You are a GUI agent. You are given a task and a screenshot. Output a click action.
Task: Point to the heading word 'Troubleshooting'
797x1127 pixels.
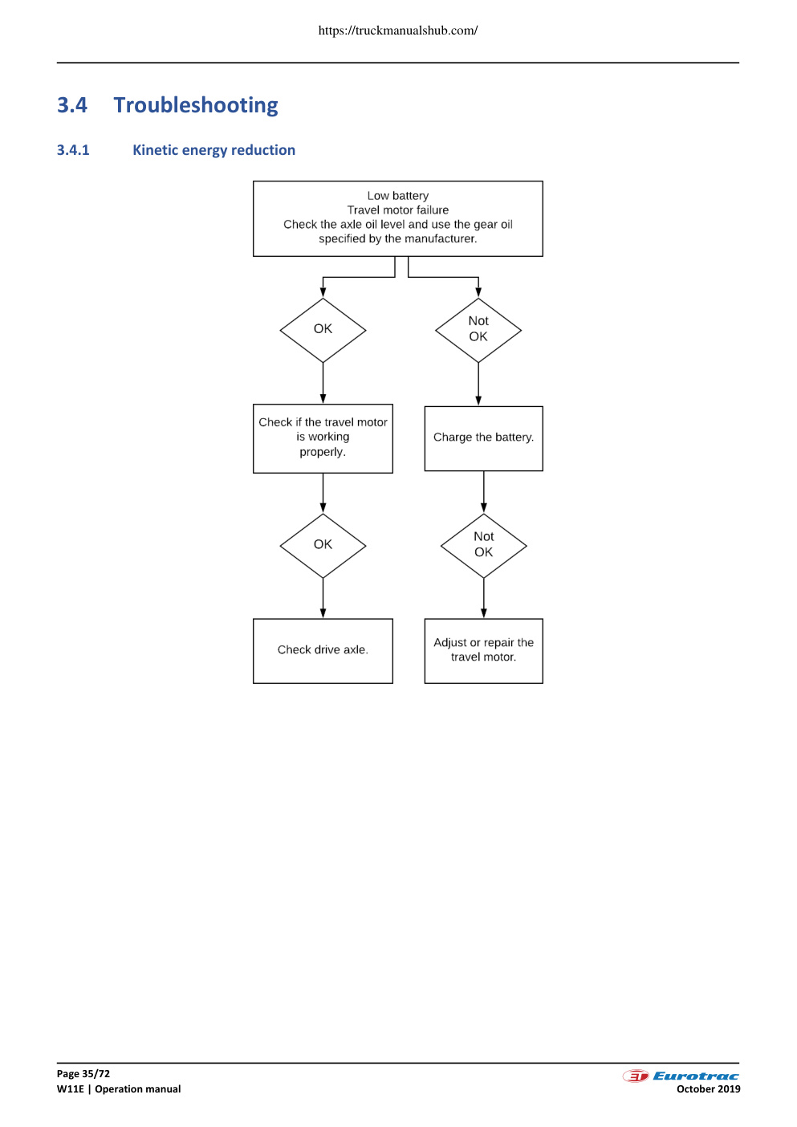click(196, 105)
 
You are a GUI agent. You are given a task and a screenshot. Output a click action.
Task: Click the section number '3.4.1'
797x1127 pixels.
click(73, 150)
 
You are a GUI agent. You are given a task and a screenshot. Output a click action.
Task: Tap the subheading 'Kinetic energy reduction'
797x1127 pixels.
click(213, 150)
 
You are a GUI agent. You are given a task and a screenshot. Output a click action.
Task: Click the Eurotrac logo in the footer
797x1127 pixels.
click(681, 1076)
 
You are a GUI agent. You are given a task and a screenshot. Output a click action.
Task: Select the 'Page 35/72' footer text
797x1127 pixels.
click(83, 1073)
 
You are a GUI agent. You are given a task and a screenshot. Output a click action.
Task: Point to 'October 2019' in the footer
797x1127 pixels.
click(708, 1088)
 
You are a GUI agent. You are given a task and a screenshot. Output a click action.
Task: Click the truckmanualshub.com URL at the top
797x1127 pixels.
click(398, 31)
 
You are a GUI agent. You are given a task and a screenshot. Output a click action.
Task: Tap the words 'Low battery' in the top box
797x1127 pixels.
click(397, 196)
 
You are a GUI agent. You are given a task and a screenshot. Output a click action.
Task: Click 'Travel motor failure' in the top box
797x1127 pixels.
click(397, 210)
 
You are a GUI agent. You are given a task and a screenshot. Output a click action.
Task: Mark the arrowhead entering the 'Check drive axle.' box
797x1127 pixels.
click(323, 613)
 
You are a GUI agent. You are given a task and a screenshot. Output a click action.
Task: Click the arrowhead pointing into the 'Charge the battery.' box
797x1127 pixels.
click(478, 401)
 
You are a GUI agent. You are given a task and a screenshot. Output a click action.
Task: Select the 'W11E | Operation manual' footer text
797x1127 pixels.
click(119, 1088)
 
